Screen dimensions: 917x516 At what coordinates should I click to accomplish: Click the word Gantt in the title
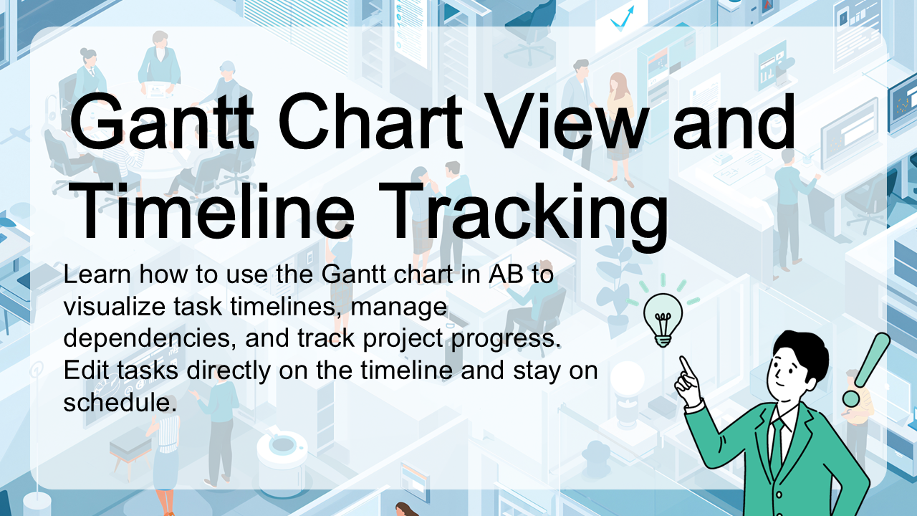click(162, 121)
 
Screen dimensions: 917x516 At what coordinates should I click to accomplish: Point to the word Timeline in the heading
click(213, 211)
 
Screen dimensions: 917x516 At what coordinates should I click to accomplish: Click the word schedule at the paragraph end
click(120, 402)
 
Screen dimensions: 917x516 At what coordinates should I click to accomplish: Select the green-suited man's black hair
click(802, 355)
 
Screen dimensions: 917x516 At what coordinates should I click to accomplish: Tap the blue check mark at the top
click(622, 19)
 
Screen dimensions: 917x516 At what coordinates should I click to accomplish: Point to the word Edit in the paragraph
click(86, 370)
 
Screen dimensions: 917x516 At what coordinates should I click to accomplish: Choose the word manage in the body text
click(399, 307)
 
